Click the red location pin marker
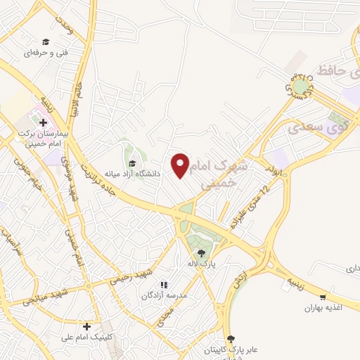point(181,165)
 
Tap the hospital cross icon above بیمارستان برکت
point(43,122)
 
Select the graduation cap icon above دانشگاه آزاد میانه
point(131,163)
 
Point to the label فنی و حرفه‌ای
point(46,53)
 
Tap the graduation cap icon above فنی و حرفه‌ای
point(46,42)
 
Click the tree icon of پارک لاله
point(201,253)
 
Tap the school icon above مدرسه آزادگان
point(163,285)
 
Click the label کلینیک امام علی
point(86,337)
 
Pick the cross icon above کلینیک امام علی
point(86,326)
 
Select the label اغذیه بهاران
point(323,308)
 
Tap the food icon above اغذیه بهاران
point(323,297)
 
